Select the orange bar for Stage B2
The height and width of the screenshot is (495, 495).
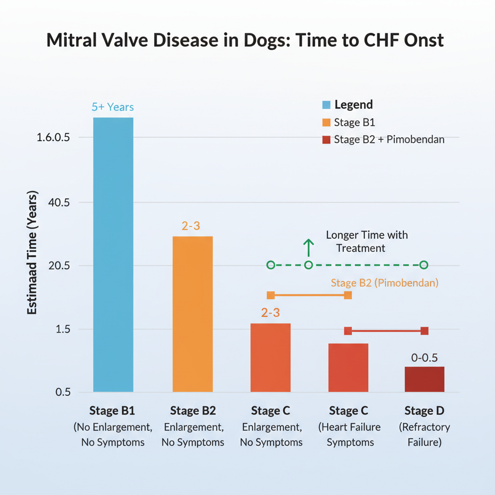(x=192, y=314)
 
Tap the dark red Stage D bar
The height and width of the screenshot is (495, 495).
(x=424, y=379)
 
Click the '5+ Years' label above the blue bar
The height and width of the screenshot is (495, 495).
(x=113, y=107)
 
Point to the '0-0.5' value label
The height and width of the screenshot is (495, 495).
(x=424, y=358)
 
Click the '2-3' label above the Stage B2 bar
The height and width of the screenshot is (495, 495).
(x=191, y=226)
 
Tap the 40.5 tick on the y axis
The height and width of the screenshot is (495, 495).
(x=57, y=203)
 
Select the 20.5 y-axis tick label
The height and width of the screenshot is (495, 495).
(x=57, y=266)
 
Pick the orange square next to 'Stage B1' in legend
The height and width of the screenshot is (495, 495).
(x=326, y=123)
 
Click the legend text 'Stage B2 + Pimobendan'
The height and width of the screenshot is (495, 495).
(x=389, y=140)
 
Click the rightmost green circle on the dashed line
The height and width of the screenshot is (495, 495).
(x=424, y=265)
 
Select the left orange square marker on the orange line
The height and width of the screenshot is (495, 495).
(x=271, y=295)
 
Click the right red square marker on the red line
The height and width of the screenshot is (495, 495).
(x=424, y=331)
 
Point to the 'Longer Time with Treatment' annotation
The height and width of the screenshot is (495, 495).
(x=366, y=241)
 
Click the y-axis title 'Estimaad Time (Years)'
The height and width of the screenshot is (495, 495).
(x=32, y=256)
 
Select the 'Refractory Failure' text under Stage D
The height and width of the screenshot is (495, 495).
(x=424, y=435)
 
